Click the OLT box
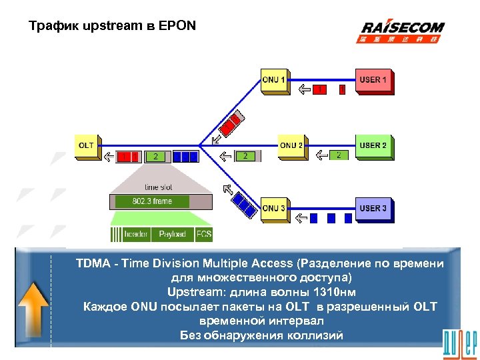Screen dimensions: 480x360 click(x=87, y=146)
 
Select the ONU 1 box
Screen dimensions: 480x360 click(x=274, y=81)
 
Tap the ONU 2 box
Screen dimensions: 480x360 click(x=291, y=146)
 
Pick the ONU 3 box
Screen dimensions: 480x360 click(x=274, y=209)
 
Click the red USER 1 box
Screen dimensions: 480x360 click(x=373, y=81)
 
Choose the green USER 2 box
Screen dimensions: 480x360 click(x=373, y=146)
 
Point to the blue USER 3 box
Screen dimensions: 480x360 click(x=373, y=209)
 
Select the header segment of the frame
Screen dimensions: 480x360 click(x=135, y=234)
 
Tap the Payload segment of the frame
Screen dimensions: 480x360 click(x=172, y=234)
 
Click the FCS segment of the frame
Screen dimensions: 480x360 click(x=204, y=234)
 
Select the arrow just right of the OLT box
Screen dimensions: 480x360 click(x=109, y=157)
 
